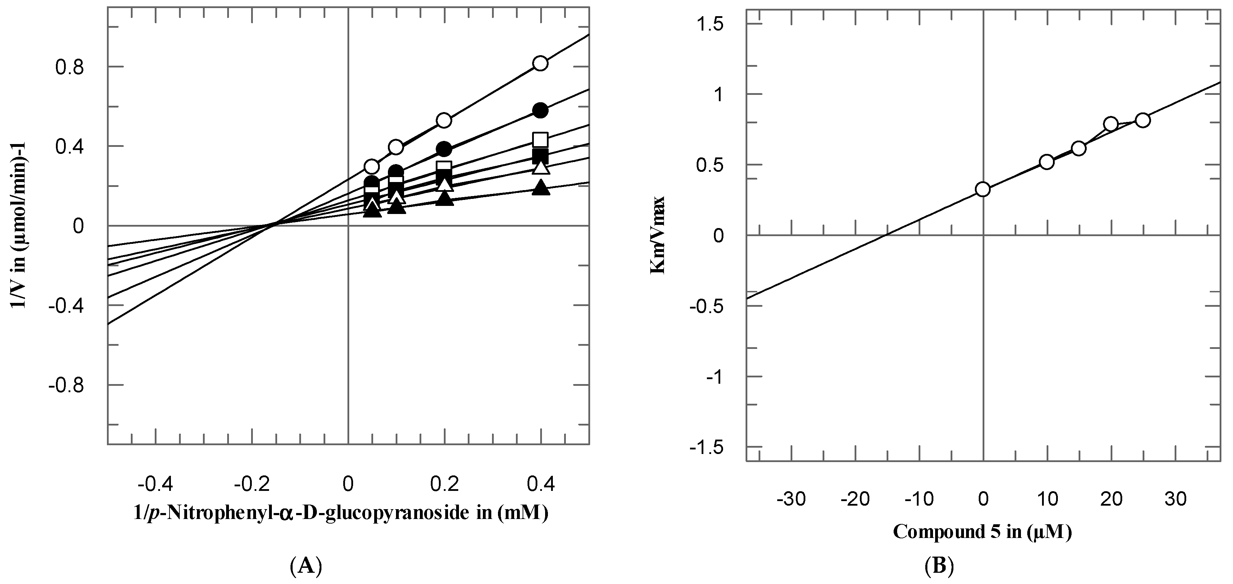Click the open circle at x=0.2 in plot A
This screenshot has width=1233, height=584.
coord(444,120)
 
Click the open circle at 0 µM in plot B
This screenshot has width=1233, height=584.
coord(983,189)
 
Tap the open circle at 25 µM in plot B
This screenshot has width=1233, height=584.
coord(1143,120)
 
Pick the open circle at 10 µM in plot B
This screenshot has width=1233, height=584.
coord(1047,162)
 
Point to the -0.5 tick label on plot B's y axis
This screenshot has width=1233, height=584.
coord(705,306)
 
